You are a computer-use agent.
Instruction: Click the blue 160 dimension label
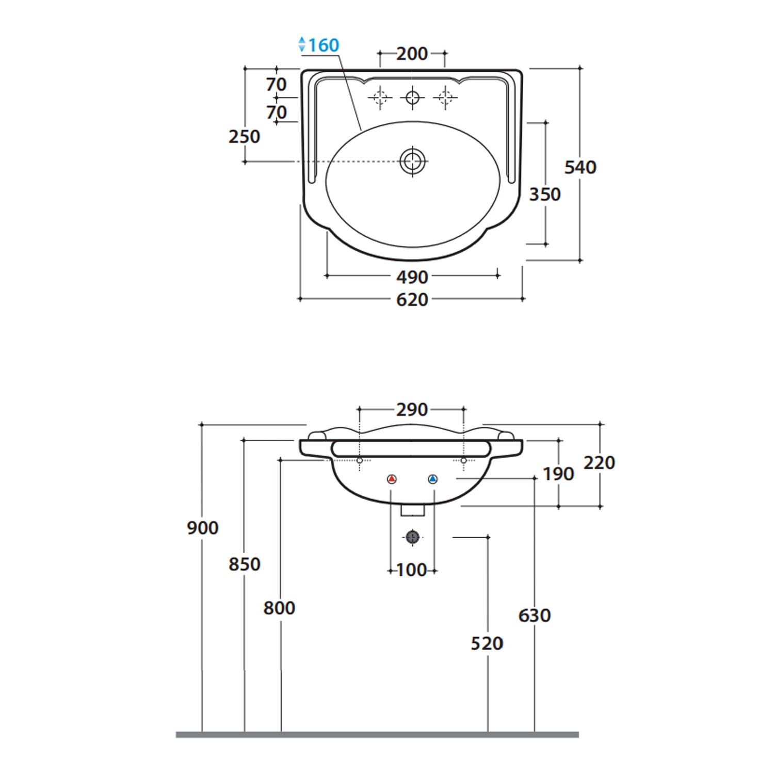click(324, 45)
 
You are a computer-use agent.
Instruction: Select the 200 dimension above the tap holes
click(412, 54)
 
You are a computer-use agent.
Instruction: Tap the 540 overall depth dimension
click(580, 167)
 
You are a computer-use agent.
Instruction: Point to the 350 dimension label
click(544, 195)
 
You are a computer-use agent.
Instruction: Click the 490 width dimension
click(412, 277)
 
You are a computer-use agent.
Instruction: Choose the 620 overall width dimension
click(412, 300)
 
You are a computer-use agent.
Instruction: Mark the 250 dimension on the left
click(244, 137)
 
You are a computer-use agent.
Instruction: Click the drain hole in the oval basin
click(412, 161)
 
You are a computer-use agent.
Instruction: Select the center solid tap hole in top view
click(412, 97)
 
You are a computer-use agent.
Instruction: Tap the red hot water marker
click(392, 479)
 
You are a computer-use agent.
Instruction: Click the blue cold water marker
click(432, 479)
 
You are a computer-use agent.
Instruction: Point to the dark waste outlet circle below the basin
click(412, 537)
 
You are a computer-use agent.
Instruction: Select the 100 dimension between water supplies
click(412, 570)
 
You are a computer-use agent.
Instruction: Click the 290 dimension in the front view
click(412, 410)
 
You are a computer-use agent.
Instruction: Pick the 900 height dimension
click(202, 528)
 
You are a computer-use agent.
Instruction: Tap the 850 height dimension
click(244, 565)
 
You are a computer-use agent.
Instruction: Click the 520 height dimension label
click(487, 643)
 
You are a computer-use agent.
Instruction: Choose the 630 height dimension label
click(534, 616)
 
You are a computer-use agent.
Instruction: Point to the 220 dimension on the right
click(599, 463)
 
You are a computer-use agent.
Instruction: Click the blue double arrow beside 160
click(302, 44)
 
